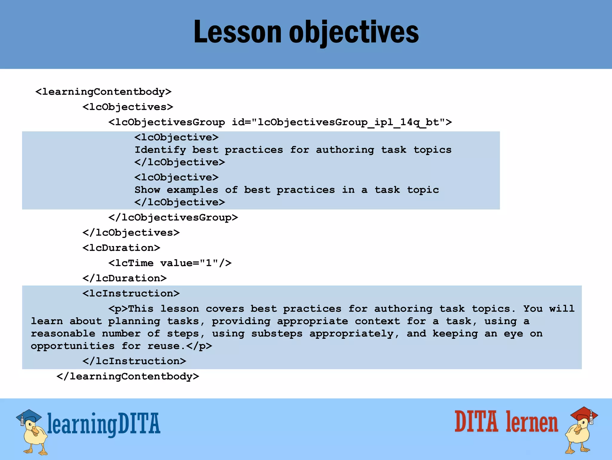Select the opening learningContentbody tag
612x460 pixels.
click(x=103, y=92)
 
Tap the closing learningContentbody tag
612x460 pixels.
click(x=128, y=376)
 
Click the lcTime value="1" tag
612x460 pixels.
click(x=170, y=263)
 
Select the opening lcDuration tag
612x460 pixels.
click(x=121, y=248)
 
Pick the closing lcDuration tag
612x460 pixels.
click(x=125, y=278)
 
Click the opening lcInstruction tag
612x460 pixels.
click(x=131, y=293)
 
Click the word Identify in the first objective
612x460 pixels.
click(x=160, y=150)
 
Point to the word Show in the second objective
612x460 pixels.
click(x=147, y=190)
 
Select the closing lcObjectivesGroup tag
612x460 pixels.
click(x=173, y=217)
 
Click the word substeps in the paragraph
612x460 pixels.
click(x=277, y=334)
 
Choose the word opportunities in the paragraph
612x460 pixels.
click(x=73, y=346)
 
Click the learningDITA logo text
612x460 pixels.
click(x=104, y=424)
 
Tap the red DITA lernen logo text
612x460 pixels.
click(x=506, y=422)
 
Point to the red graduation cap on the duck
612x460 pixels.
click(x=584, y=415)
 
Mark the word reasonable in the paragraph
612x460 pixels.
click(x=63, y=334)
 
